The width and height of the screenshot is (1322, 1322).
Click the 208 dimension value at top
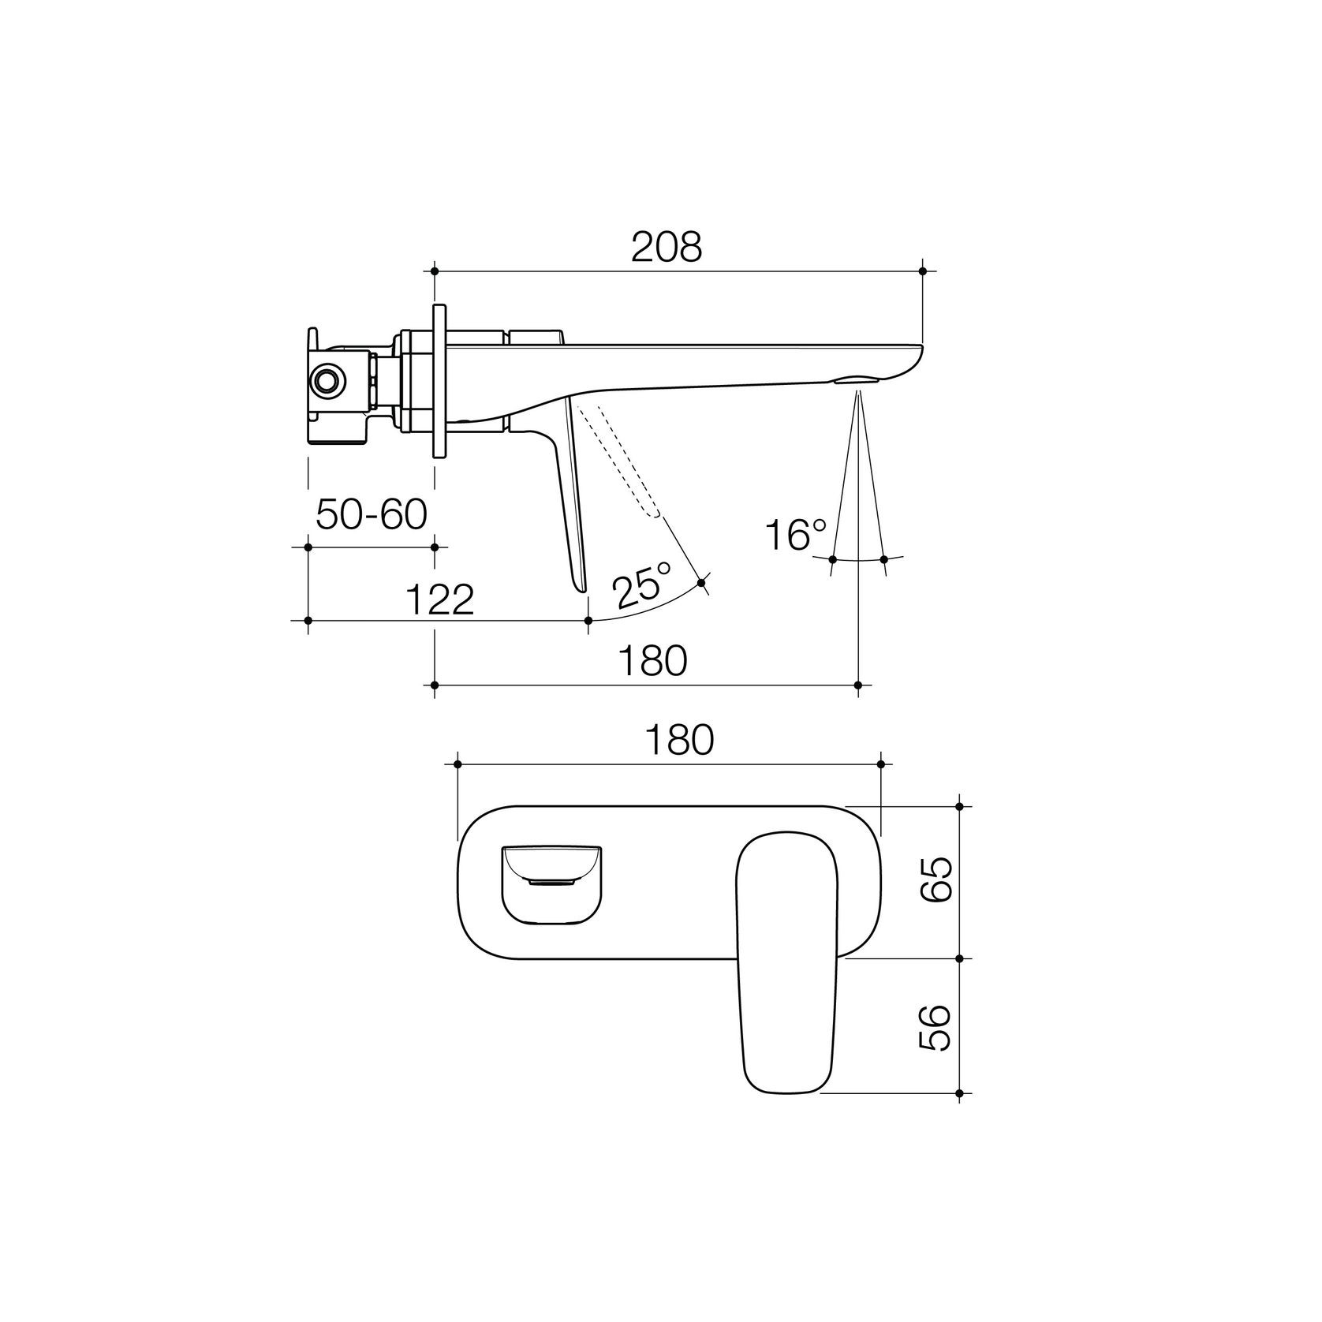point(667,248)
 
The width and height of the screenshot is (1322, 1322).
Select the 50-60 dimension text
point(371,515)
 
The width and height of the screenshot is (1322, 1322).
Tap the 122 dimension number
point(439,599)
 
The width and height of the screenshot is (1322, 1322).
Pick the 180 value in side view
point(652,661)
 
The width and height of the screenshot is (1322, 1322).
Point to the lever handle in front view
point(785,962)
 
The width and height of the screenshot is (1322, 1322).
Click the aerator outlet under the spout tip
point(859,381)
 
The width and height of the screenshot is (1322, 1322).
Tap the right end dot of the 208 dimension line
point(922,271)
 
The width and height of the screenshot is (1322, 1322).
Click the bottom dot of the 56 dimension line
point(959,1093)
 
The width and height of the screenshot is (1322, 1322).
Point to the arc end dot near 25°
point(702,583)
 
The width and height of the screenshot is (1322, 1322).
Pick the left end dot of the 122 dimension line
point(308,621)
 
